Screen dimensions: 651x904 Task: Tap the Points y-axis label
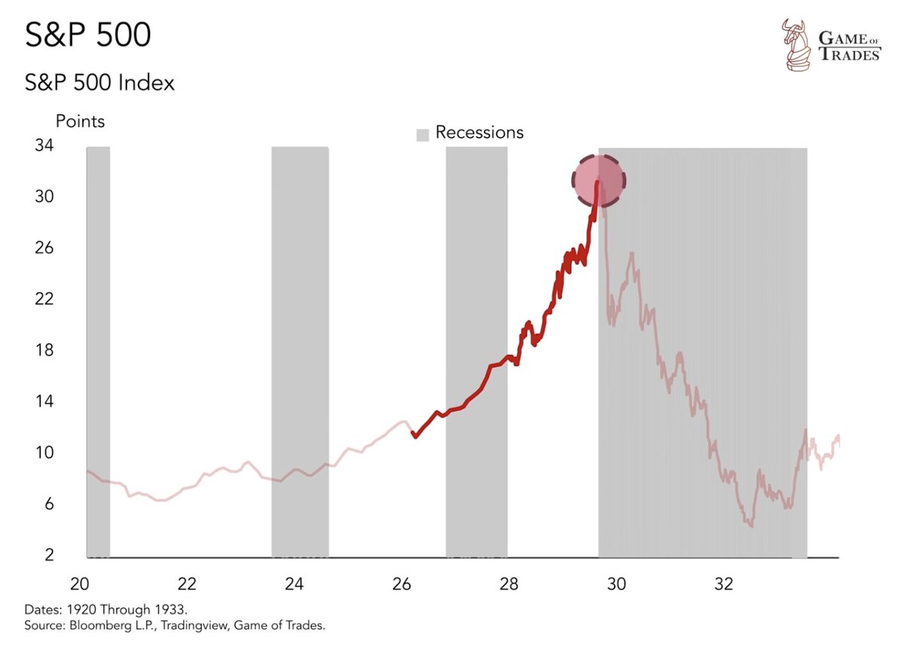(x=80, y=121)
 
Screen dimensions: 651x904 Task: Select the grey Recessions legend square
(x=423, y=134)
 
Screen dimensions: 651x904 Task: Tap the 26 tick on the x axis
(x=402, y=585)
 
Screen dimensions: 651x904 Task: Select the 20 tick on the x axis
(x=80, y=585)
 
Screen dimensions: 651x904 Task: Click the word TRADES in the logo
(x=850, y=55)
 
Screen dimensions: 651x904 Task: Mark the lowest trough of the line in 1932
(x=751, y=525)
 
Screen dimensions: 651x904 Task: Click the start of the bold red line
(x=414, y=436)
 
